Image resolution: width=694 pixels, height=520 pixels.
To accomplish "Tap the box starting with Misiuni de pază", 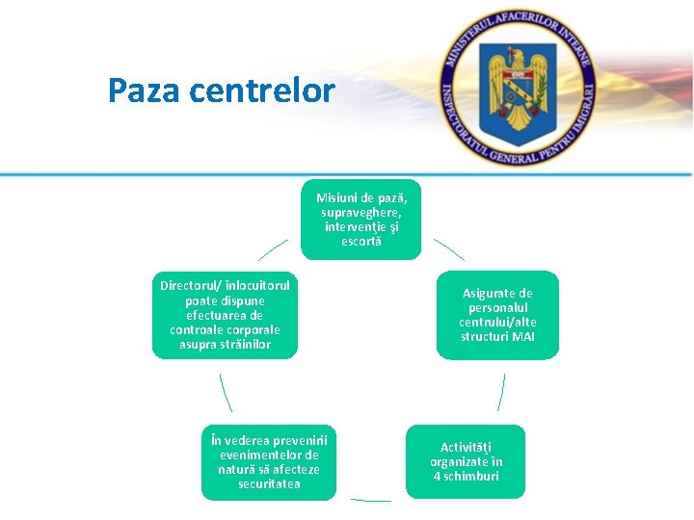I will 360,219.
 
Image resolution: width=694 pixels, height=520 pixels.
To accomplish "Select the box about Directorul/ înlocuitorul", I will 225,315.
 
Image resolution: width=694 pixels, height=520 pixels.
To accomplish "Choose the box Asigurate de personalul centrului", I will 497,315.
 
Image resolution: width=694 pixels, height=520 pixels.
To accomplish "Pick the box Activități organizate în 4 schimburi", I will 466,461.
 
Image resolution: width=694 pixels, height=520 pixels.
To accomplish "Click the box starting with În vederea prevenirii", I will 269,461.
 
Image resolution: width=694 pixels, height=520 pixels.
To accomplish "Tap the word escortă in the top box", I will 361,241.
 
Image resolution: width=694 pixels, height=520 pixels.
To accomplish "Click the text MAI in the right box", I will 523,336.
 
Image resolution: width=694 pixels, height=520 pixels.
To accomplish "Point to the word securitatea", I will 269,483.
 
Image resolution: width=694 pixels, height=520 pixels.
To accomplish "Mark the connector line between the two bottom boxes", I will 371,500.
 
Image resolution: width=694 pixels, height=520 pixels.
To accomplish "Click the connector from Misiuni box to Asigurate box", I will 448,249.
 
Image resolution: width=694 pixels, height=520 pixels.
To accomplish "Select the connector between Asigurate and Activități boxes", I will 501,392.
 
